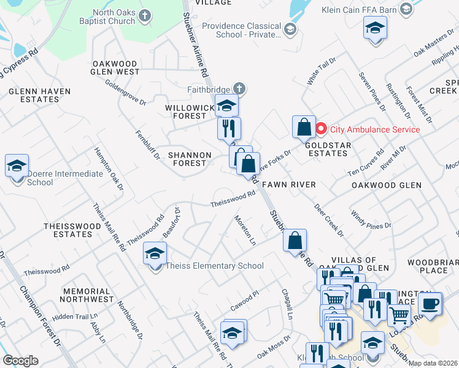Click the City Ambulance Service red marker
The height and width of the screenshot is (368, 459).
pos(322,129)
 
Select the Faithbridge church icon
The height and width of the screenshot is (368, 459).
pos(239,89)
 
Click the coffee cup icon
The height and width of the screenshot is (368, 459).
pos(430,302)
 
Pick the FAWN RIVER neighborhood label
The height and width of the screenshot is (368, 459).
pos(288,184)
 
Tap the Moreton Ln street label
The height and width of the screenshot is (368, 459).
pos(245,230)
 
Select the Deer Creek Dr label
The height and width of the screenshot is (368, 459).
pos(328,220)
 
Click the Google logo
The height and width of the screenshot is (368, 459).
pos(20,361)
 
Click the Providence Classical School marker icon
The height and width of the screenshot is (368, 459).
pos(290,29)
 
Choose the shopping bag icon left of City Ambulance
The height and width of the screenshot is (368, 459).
pos(304,128)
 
